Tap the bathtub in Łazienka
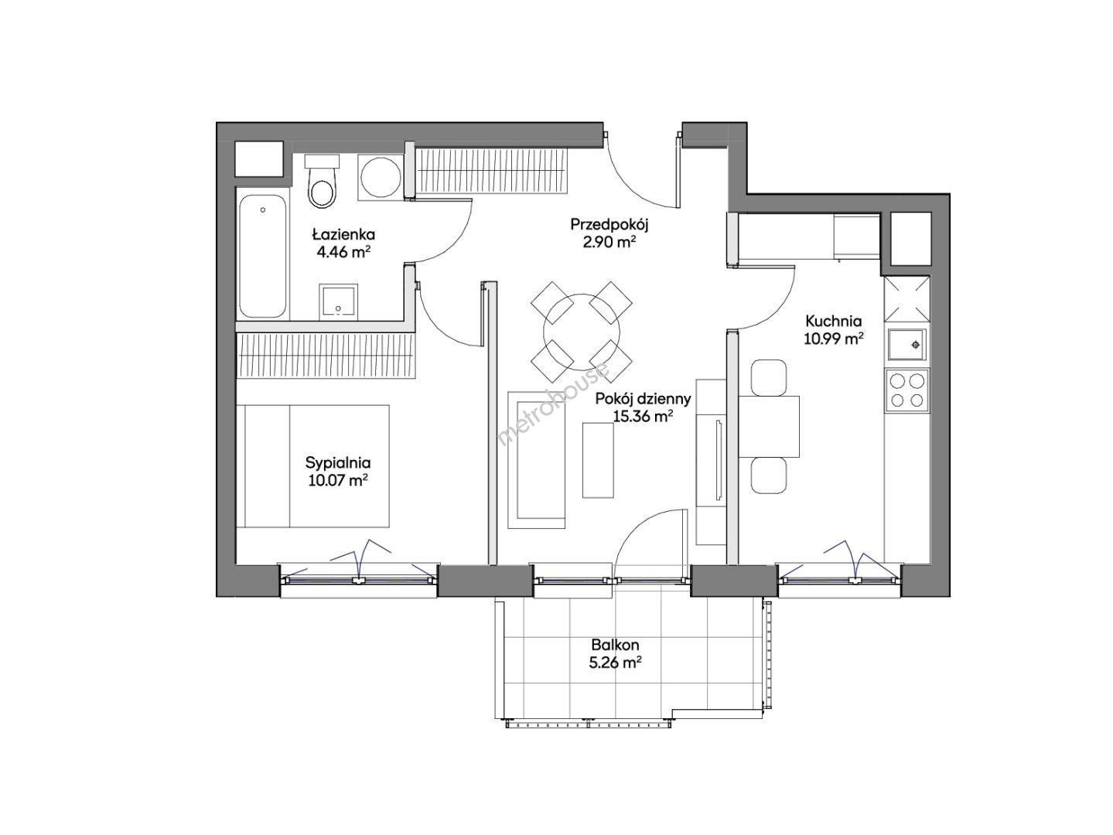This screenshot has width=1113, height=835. tap(263, 257)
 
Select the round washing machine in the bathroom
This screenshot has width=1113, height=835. tap(381, 177)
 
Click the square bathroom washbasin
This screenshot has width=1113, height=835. tap(338, 302)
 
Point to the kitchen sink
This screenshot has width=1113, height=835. tap(906, 345)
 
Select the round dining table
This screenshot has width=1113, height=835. tap(581, 332)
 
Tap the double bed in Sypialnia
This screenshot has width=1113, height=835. tap(312, 465)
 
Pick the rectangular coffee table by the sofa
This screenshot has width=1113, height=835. tap(598, 460)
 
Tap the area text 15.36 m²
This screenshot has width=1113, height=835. tap(643, 417)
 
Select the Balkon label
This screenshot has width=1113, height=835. tap(615, 645)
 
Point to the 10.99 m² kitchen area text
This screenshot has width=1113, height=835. tap(834, 339)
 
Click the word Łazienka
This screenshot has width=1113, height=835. tap(343, 234)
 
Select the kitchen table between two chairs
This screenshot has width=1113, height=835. tap(769, 426)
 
